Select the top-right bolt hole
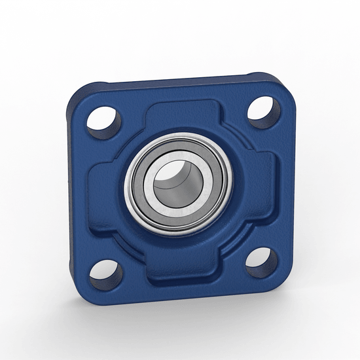264,109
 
